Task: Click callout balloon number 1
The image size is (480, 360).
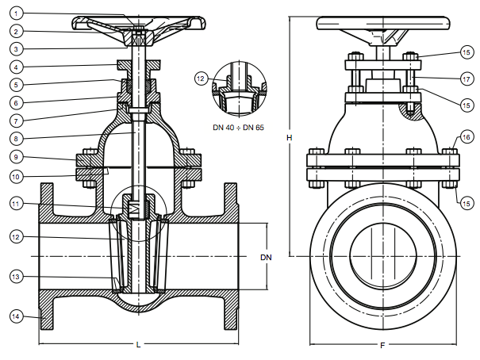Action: (16, 13)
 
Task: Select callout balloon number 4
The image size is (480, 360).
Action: (16, 67)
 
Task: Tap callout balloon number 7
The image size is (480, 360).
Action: (16, 121)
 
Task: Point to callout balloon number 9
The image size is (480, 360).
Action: (16, 157)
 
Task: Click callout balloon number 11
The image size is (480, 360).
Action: (16, 204)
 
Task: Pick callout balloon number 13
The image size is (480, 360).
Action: (16, 277)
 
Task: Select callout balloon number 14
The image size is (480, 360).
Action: (16, 316)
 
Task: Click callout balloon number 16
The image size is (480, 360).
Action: (467, 137)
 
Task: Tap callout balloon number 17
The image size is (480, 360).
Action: (467, 79)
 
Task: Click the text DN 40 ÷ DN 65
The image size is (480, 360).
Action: (238, 127)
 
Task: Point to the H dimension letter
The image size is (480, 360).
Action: (290, 138)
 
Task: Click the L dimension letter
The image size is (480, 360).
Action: (138, 345)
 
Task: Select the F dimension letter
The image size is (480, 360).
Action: (382, 346)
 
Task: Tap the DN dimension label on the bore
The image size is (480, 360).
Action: (266, 258)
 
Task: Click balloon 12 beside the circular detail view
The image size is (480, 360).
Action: (201, 79)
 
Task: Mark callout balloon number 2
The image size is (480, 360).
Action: (16, 31)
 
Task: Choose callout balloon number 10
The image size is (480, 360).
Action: (16, 177)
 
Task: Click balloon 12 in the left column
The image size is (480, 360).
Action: (16, 237)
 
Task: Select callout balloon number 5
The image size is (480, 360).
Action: (16, 85)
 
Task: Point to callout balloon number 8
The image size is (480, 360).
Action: (16, 139)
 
